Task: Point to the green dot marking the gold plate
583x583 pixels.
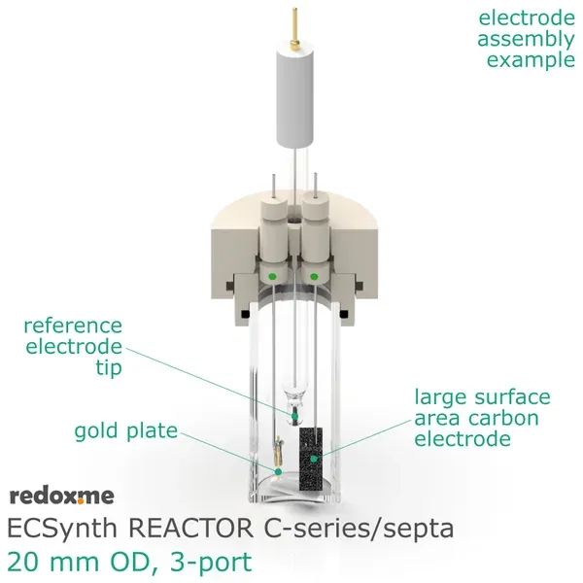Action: (278, 471)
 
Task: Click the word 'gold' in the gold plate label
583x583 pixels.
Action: (96, 430)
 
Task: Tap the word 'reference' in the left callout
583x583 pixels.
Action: (73, 326)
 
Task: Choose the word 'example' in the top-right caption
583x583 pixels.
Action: (530, 60)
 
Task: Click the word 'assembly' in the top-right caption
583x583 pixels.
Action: (526, 40)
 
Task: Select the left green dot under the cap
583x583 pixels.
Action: (273, 276)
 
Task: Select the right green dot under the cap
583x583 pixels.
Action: (314, 276)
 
